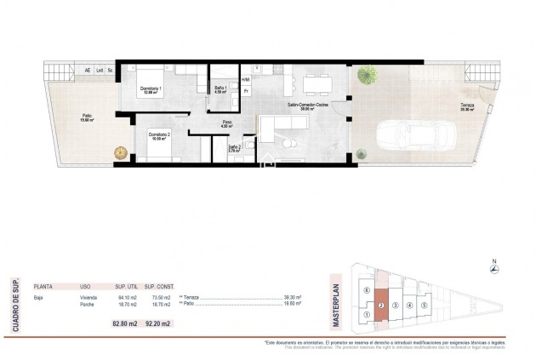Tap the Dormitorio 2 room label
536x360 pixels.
[159, 135]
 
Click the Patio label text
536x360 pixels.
[88, 117]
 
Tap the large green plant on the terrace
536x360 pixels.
[368, 76]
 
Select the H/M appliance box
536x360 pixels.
[246, 78]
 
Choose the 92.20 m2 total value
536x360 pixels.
[159, 323]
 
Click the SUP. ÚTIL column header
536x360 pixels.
[127, 287]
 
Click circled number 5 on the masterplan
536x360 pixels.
[424, 304]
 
